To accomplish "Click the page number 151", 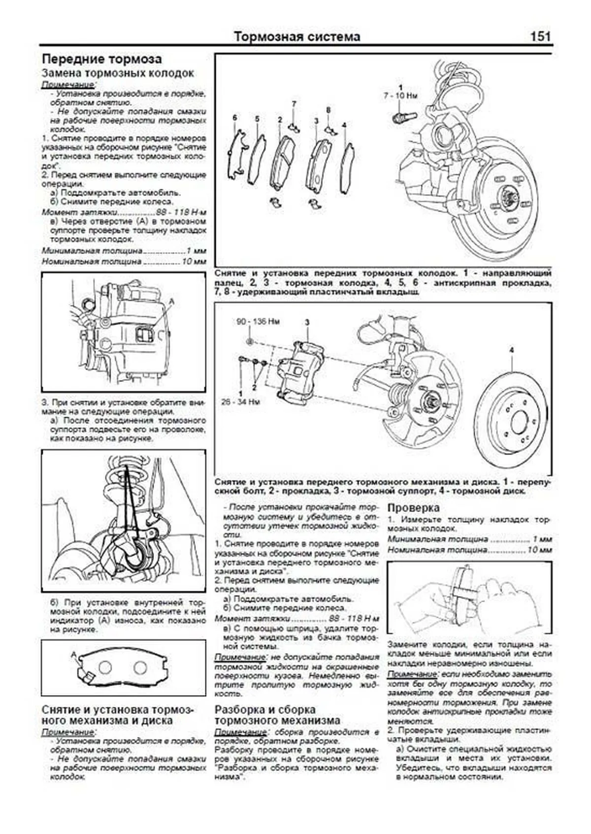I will [540, 36].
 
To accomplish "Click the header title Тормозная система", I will [296, 36].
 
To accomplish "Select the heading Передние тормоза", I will [101, 59].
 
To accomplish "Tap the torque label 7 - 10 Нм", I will [400, 96].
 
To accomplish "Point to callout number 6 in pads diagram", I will [235, 118].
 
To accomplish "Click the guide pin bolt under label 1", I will [403, 117].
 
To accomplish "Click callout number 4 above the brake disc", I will [511, 350].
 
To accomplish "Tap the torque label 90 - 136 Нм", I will [258, 322].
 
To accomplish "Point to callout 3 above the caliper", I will [307, 322].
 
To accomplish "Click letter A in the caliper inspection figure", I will [171, 300].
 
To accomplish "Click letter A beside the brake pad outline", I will [74, 654].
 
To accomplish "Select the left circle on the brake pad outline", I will [105, 667].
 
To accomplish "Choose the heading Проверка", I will [413, 507].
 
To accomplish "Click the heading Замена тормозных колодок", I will [118, 73].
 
